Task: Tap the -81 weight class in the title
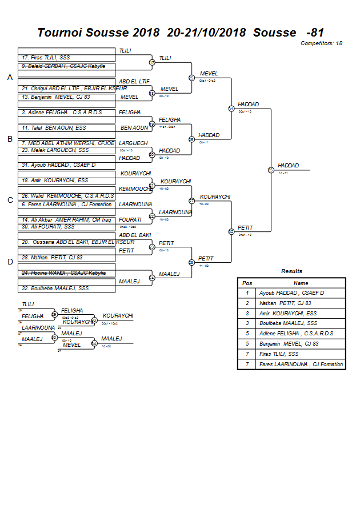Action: (x=315, y=33)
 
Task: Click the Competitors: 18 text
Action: (x=321, y=43)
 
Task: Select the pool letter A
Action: (x=10, y=77)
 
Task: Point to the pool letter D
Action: (x=10, y=262)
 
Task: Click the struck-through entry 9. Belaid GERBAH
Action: (x=63, y=66)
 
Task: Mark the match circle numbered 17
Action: (x=152, y=62)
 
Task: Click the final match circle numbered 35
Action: (x=270, y=170)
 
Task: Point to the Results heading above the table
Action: (x=291, y=271)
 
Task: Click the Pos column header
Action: (x=247, y=283)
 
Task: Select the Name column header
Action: (x=301, y=283)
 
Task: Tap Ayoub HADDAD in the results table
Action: (x=291, y=293)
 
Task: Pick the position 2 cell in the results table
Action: (x=247, y=303)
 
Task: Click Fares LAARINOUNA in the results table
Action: (x=301, y=364)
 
